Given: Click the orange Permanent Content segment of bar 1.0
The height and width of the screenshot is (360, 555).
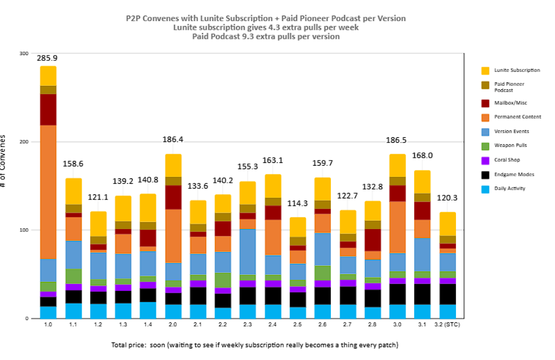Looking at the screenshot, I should (48, 192).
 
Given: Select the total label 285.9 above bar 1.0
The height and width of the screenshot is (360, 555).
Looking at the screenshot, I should (47, 59).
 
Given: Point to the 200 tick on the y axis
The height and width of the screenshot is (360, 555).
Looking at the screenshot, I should (23, 141).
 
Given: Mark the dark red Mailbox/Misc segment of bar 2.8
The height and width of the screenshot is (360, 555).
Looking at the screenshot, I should (373, 240).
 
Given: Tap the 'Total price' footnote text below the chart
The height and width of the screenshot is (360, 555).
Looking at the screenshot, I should (255, 345).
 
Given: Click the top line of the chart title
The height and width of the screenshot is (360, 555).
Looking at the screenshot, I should (266, 18).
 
